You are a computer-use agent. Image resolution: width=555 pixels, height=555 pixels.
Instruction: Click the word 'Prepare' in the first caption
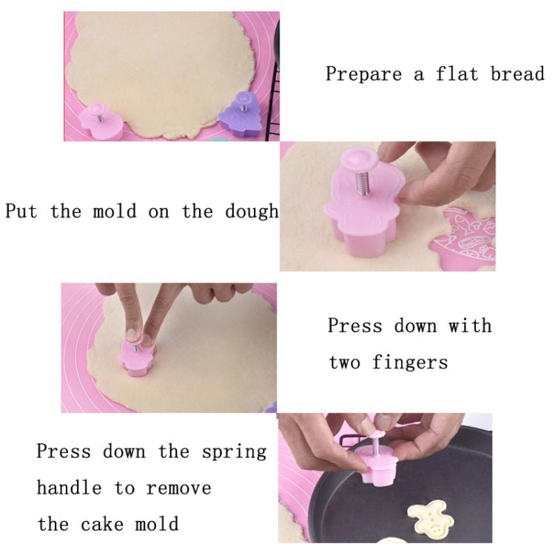pos(363,75)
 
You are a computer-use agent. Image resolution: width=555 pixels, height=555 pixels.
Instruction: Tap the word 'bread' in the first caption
pos(517,73)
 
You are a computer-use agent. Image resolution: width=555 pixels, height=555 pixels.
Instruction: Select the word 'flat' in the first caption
pos(457,73)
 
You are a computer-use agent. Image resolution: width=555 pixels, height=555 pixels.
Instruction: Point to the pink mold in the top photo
pos(100,121)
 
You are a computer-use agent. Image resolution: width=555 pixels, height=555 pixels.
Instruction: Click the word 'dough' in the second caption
pos(252,212)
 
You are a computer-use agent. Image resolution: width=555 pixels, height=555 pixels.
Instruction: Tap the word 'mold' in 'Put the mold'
pos(114,211)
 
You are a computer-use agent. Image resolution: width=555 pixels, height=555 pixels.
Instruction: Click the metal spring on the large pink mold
pos(363,183)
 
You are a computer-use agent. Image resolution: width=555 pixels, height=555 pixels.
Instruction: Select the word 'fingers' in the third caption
pos(410,363)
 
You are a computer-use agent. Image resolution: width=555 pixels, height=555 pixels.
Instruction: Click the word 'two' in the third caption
pos(344,363)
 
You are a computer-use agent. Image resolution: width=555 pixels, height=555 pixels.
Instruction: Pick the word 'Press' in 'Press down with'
pos(355,326)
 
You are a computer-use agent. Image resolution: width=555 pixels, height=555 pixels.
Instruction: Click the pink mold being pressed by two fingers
pos(137,357)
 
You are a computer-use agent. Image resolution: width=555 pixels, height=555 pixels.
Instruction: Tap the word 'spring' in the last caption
pos(234,452)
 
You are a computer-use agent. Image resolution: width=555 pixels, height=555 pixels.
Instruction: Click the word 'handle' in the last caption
pos(69,488)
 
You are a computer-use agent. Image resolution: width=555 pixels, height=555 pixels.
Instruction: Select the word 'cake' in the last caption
pos(102,524)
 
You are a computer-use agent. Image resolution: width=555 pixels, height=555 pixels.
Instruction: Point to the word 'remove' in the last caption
pos(179,489)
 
